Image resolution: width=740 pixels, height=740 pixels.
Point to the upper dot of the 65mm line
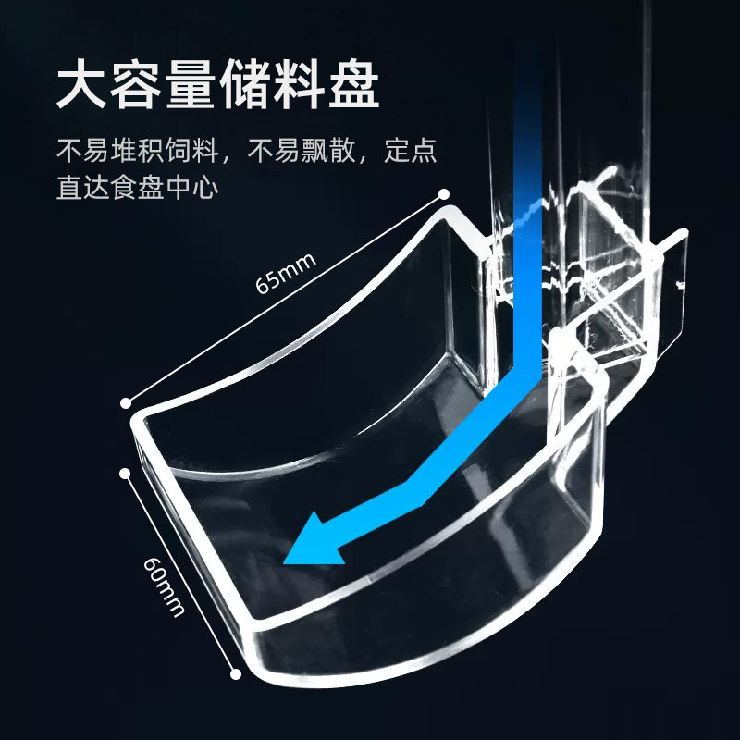pos(445,195)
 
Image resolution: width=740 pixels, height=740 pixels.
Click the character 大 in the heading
pos(81,88)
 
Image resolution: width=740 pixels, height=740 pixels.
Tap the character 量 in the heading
pos(190,88)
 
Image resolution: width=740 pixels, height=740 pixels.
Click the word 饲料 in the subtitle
pos(192,150)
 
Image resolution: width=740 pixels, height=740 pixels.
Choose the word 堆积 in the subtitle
pos(139,150)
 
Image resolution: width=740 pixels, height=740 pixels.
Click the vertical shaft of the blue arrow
pos(528,231)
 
